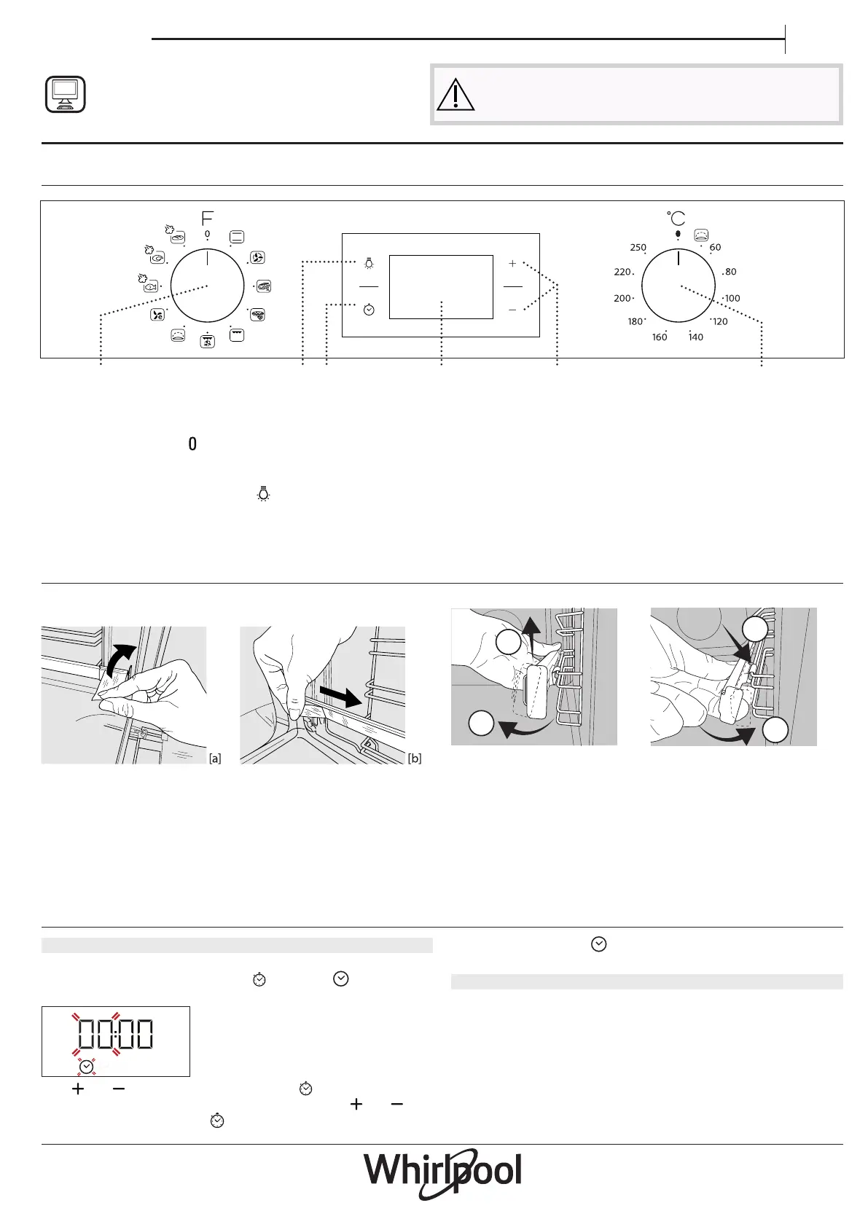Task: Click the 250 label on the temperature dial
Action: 638,248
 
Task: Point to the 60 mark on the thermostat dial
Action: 715,248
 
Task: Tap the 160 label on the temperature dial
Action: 660,337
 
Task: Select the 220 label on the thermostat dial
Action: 622,272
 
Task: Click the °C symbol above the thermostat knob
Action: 676,218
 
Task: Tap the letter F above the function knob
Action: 207,218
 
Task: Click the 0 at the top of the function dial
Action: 207,234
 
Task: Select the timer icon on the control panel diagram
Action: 369,310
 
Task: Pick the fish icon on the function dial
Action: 151,286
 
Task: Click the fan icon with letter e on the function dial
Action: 157,315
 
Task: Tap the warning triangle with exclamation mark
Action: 455,94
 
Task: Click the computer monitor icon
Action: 65,94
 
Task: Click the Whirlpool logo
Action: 442,1173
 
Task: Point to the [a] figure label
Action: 215,758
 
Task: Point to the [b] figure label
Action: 414,758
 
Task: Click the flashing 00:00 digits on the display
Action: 115,1034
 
